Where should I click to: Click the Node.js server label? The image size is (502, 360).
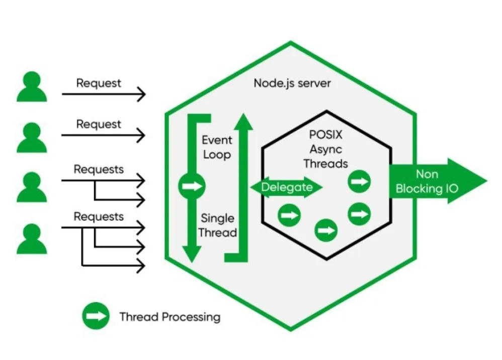point(292,82)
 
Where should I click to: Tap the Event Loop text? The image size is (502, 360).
point(216,147)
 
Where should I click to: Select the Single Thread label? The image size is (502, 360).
point(217,225)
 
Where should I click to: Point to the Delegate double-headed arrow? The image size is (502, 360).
point(286,188)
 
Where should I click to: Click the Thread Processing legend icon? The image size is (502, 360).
point(96,316)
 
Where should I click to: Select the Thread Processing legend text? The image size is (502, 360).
point(170,317)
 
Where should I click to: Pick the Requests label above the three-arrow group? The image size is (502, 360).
point(99,217)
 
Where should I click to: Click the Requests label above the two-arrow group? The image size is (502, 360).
point(99,169)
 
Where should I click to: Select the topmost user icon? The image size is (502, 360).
point(32,86)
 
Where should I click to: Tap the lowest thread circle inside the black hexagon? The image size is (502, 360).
point(325,231)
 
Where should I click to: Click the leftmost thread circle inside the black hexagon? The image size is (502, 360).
point(289,215)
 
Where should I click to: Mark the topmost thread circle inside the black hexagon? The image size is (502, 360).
point(359,181)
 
